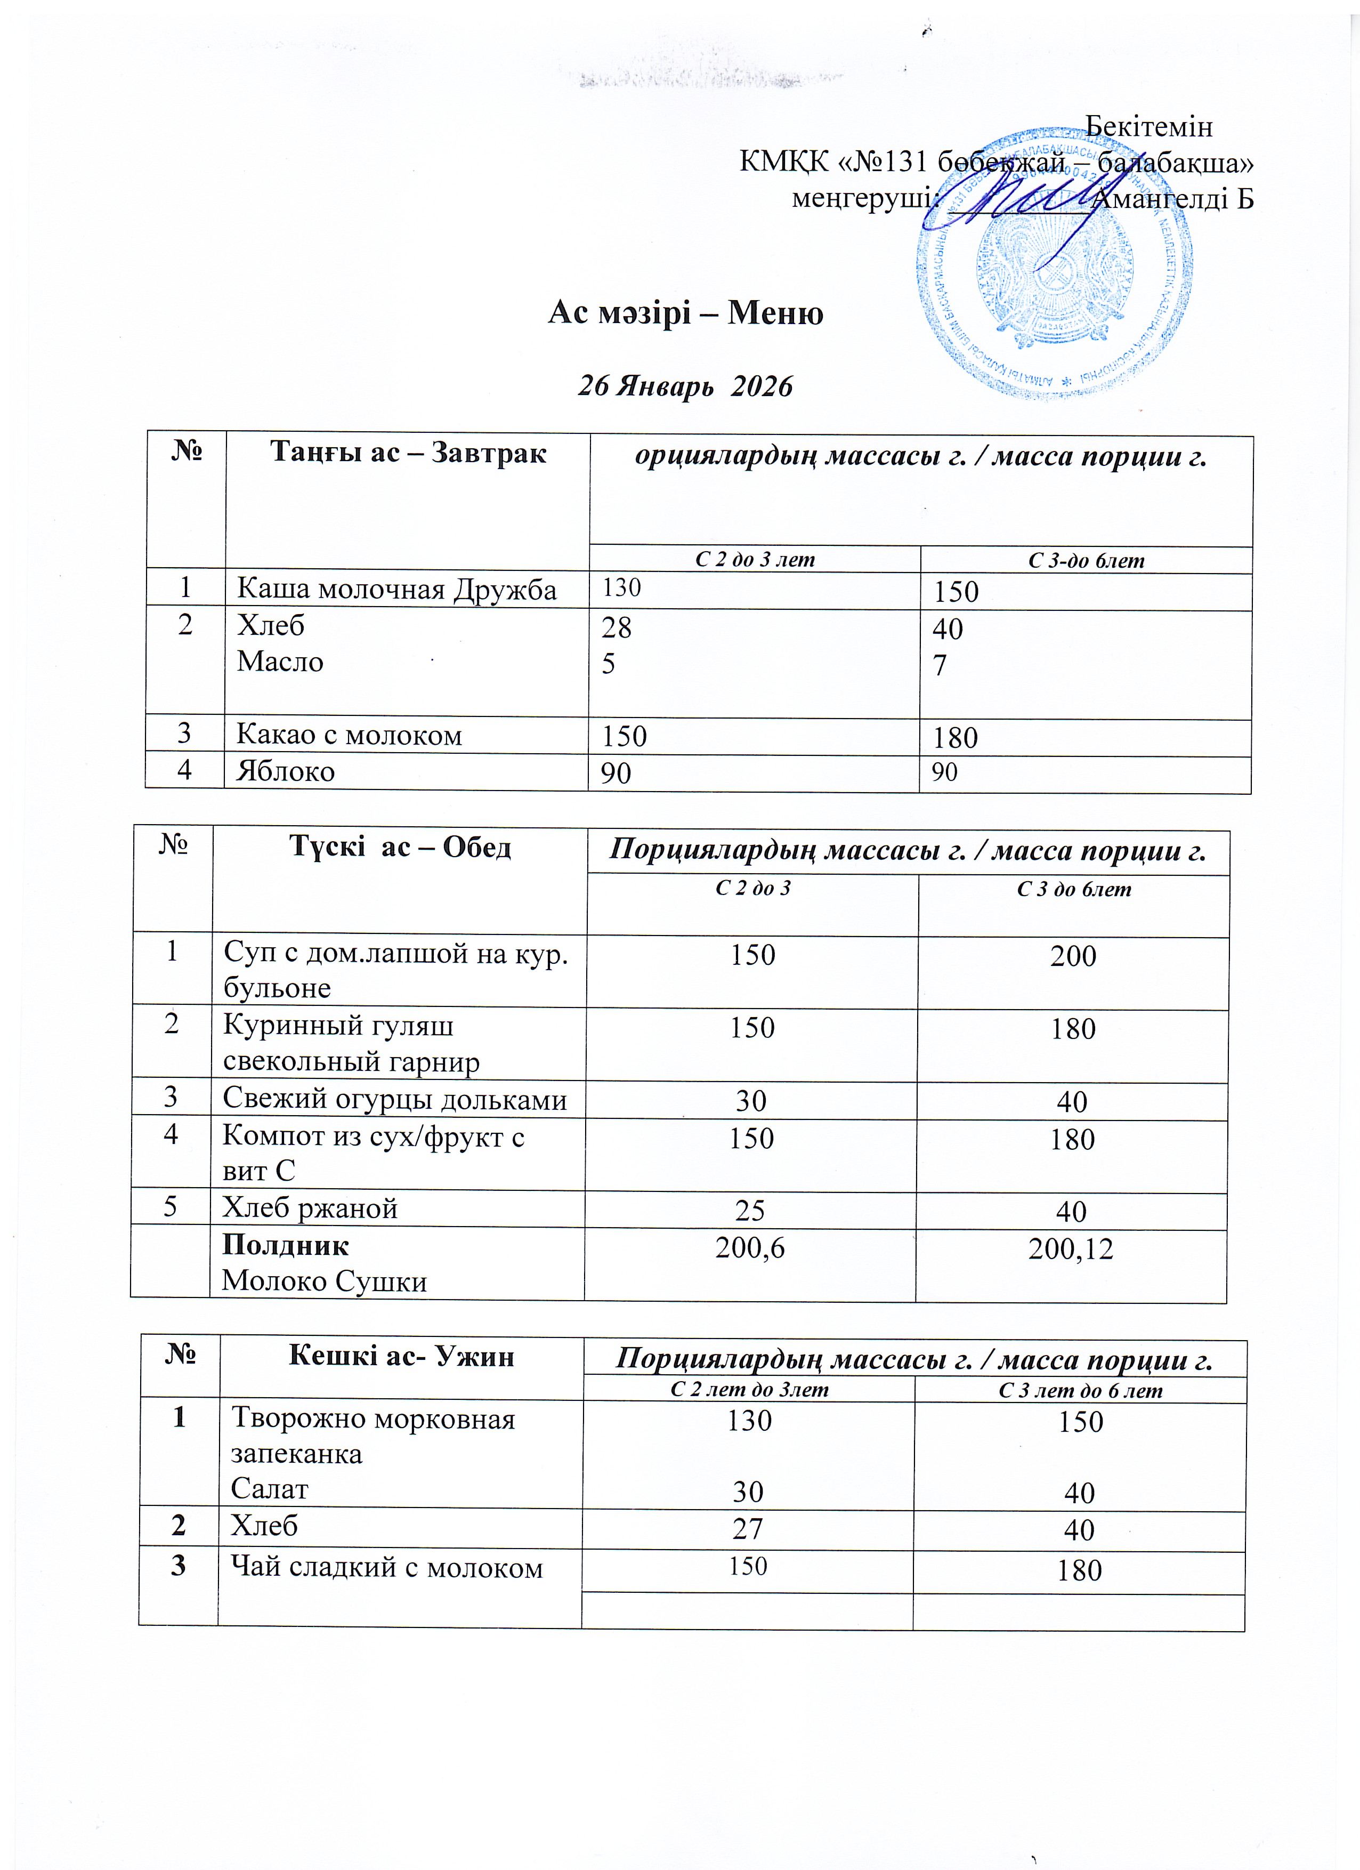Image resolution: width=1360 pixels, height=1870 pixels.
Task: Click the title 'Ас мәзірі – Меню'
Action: point(686,313)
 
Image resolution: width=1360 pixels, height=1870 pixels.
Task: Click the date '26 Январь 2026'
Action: point(685,386)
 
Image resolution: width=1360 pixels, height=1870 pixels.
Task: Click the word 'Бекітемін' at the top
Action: point(1148,126)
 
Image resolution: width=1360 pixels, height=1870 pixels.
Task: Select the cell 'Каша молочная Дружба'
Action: point(396,590)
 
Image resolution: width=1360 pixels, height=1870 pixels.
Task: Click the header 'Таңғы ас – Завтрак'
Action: point(408,453)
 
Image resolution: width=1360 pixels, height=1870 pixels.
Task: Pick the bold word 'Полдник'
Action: point(285,1245)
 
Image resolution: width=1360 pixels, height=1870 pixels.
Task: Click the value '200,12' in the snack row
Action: point(1071,1249)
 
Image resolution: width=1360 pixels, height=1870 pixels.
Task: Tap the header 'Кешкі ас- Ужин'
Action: point(401,1356)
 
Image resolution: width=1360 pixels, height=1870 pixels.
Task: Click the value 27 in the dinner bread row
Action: point(748,1529)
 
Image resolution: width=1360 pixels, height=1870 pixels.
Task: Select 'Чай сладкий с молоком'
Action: point(386,1567)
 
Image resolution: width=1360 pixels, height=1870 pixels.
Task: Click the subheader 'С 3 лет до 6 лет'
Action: point(1080,1391)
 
